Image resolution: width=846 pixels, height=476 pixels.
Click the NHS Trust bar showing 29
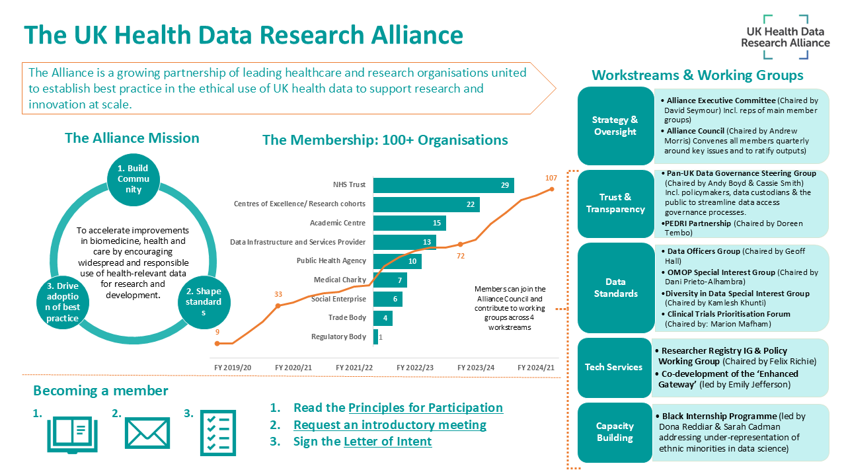click(443, 185)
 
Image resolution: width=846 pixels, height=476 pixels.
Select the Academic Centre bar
click(409, 223)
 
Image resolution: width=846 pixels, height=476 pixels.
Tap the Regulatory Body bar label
click(338, 337)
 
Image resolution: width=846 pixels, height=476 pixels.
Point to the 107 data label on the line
click(551, 178)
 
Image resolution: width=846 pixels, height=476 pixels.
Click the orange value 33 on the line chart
click(278, 294)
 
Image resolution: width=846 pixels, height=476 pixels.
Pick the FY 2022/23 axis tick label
click(415, 368)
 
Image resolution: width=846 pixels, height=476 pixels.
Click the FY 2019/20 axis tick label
click(233, 368)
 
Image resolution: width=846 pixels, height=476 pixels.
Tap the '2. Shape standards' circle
click(204, 302)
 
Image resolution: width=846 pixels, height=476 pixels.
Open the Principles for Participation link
click(425, 408)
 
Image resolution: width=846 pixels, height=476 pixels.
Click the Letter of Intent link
click(387, 442)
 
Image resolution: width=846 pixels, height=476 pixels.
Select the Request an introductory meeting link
click(389, 425)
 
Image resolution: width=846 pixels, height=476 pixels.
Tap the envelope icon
click(147, 434)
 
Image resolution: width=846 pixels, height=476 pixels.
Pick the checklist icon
click(217, 434)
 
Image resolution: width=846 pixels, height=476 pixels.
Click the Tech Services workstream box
click(613, 368)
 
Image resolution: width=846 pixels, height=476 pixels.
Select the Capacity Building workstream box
click(615, 432)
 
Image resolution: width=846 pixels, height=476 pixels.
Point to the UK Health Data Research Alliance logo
click(785, 33)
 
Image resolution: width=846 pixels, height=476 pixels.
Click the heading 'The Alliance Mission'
click(132, 138)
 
